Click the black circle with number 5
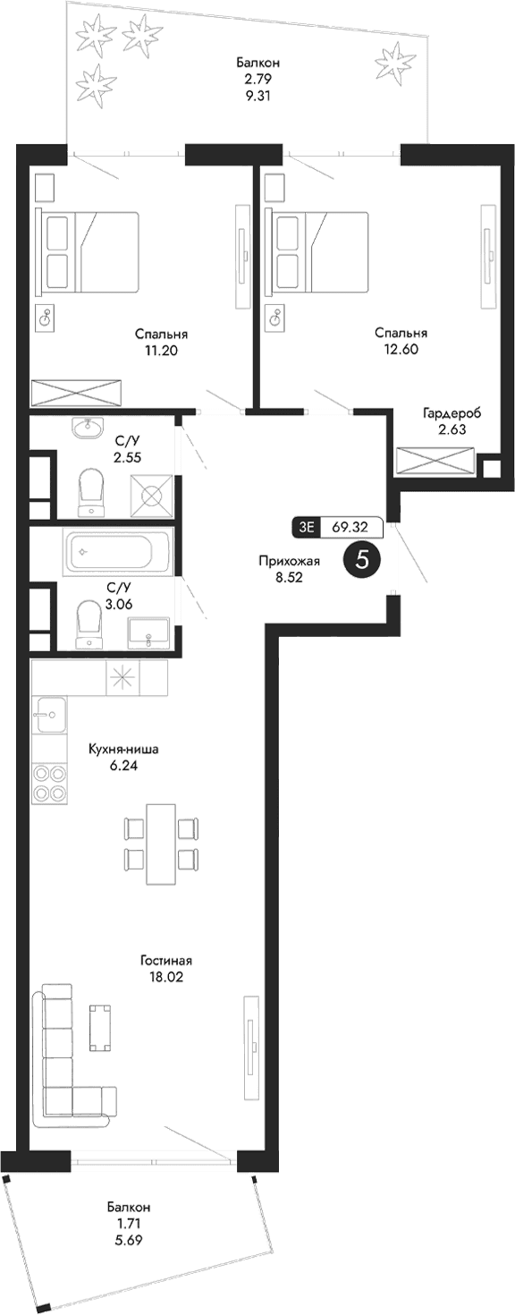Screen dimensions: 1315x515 (x=363, y=560)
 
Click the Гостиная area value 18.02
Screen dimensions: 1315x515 (x=165, y=978)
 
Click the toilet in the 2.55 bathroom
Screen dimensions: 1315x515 (x=92, y=491)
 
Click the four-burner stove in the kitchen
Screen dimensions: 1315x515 (x=49, y=784)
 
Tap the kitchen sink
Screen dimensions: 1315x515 (x=50, y=715)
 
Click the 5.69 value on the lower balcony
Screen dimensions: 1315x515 (x=129, y=1241)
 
